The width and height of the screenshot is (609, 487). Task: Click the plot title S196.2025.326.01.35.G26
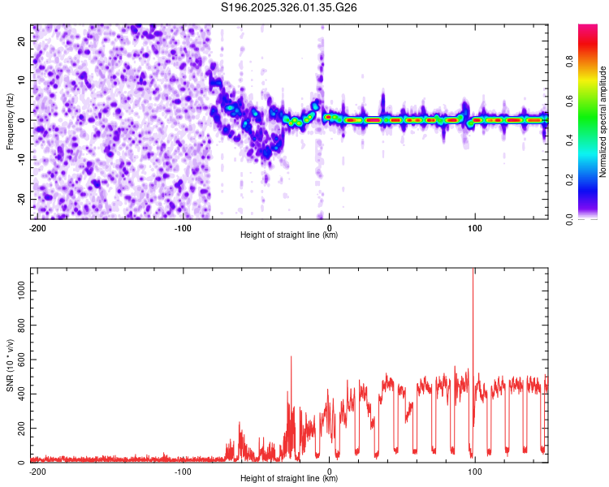coord(289,7)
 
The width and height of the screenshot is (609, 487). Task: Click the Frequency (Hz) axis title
coord(10,121)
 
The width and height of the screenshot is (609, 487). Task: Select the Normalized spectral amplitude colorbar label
coord(603,122)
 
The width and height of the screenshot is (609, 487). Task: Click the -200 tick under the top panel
coord(37,228)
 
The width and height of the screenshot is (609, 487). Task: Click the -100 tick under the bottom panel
coord(183,472)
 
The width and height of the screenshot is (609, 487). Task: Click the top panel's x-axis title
coord(289,235)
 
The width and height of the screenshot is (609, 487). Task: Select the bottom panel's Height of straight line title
coord(289,479)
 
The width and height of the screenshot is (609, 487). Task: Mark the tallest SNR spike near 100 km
coord(473,272)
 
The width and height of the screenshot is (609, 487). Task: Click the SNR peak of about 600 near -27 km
coord(291,357)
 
